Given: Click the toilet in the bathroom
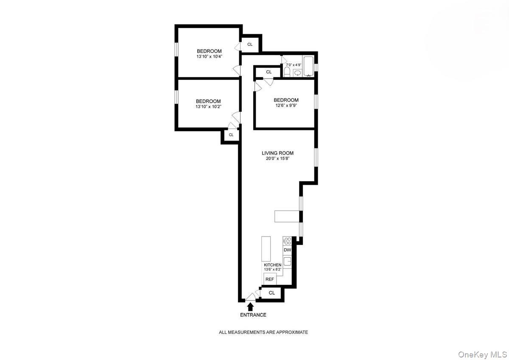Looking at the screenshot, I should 287,71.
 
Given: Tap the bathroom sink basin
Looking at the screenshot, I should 297,73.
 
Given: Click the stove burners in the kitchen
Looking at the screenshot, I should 287,241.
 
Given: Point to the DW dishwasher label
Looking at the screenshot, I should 287,250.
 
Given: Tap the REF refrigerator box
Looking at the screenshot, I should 269,279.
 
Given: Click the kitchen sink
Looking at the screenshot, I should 287,262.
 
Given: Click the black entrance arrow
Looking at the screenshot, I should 250,306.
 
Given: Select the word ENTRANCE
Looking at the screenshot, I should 253,315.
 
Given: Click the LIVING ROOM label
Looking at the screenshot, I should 277,153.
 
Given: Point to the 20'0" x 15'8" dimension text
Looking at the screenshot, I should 277,159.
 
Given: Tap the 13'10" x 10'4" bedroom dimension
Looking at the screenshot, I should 209,56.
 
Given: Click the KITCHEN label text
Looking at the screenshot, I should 273,265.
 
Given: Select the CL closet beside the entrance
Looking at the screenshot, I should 272,293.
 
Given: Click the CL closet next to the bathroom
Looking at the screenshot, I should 268,72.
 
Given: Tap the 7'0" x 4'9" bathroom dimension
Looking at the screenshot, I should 294,65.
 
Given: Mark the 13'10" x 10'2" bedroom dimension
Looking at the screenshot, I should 208,107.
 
